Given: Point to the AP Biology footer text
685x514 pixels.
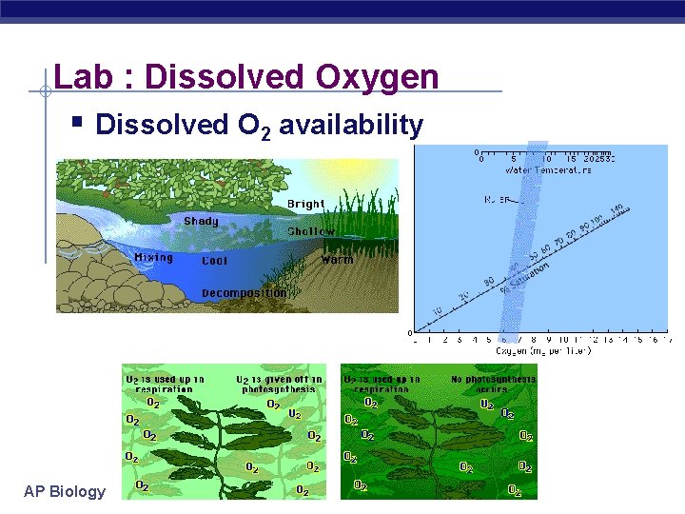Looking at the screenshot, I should pyautogui.click(x=65, y=491).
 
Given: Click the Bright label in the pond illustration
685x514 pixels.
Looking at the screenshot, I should pyautogui.click(x=305, y=204).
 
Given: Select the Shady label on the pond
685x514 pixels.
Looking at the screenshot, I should pyautogui.click(x=201, y=221).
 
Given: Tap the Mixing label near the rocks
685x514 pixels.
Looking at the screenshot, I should pyautogui.click(x=153, y=258).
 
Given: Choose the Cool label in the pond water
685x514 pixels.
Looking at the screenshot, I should pyautogui.click(x=214, y=260).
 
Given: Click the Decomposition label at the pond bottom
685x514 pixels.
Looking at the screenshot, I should pyautogui.click(x=244, y=293).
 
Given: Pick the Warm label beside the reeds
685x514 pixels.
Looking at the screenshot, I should pyautogui.click(x=337, y=259).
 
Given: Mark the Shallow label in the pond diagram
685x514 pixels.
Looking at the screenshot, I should pyautogui.click(x=311, y=231).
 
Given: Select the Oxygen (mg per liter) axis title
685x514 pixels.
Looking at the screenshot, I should pyautogui.click(x=543, y=350).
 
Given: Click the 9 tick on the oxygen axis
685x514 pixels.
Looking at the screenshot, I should pyautogui.click(x=549, y=338).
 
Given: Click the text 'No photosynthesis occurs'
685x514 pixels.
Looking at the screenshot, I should pyautogui.click(x=493, y=384).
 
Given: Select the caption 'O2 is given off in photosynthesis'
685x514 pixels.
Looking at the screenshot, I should pyautogui.click(x=279, y=384).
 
